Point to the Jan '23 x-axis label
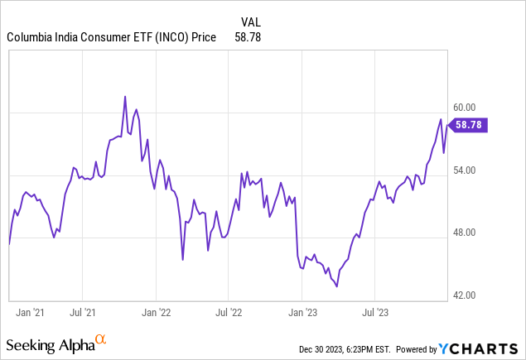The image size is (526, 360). (x=302, y=313)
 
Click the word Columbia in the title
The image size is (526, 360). (x=31, y=37)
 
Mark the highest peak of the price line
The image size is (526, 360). (x=125, y=97)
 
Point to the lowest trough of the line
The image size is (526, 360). (x=336, y=286)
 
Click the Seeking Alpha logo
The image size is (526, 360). (x=56, y=343)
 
